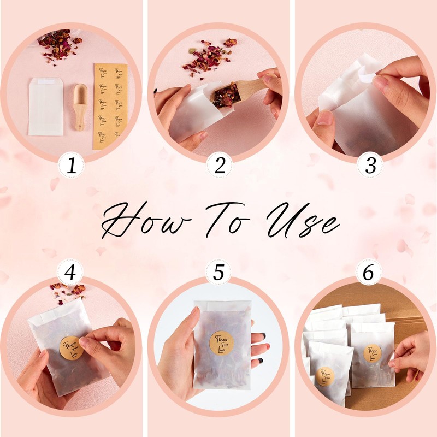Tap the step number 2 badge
point(219,167)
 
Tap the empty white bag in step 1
point(46,105)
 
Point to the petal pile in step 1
point(58,45)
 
